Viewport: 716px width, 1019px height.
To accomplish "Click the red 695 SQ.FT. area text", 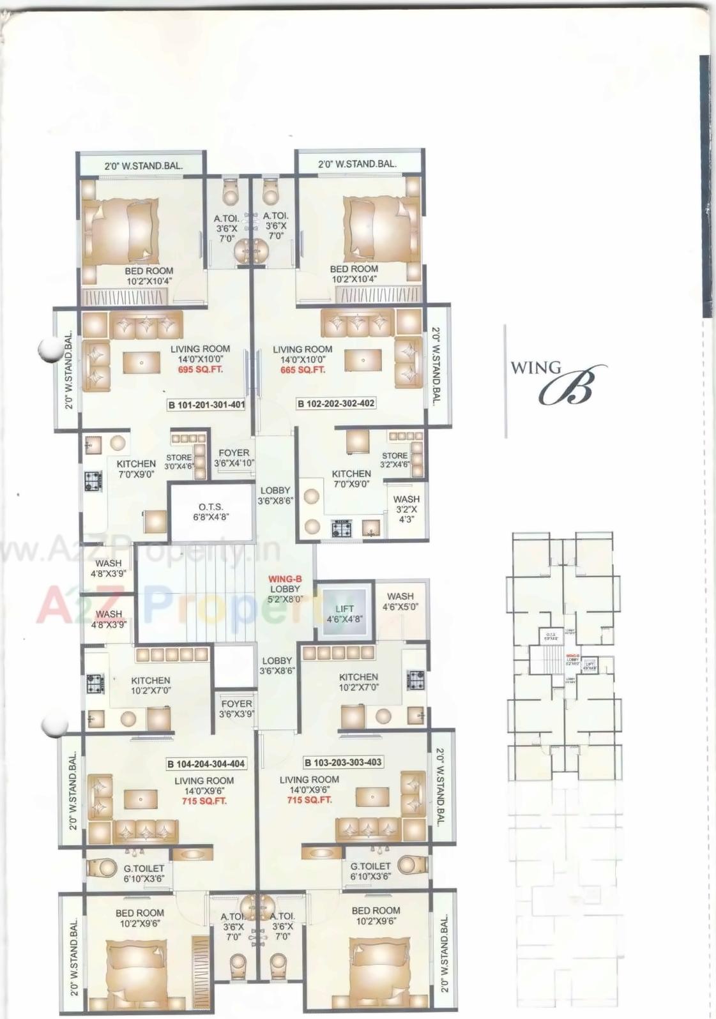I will tap(201, 370).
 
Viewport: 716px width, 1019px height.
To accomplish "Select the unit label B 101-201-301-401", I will tap(206, 404).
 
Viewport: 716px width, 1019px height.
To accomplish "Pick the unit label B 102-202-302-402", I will tap(336, 404).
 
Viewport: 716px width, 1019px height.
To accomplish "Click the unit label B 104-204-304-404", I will tap(206, 763).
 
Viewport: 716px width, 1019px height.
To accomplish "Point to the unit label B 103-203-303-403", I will tap(343, 762).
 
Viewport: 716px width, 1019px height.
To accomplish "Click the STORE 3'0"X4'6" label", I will tap(179, 462).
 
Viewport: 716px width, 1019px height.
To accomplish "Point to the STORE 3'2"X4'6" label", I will tap(395, 460).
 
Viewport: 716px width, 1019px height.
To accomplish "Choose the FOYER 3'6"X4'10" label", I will tap(234, 458).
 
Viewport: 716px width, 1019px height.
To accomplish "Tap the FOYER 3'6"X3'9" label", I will tap(236, 709).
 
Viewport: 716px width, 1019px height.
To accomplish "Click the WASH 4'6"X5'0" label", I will tap(400, 601).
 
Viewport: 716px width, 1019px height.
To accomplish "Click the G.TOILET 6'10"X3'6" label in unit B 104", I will tap(144, 873).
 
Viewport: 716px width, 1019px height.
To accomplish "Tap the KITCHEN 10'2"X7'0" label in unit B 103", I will tap(358, 682).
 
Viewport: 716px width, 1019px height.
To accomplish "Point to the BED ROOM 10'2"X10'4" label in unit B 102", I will tap(354, 274).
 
